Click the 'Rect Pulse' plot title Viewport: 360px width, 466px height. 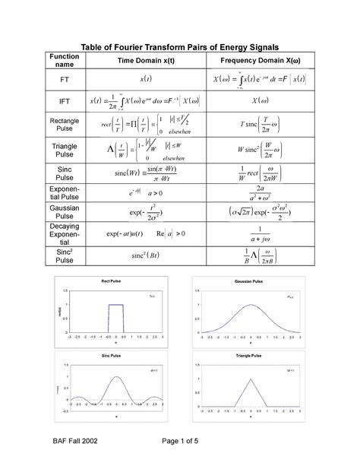point(111,282)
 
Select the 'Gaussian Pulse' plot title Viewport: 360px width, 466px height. point(251,282)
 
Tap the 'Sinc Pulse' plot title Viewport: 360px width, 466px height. point(111,356)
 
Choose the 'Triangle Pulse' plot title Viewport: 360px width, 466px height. point(251,356)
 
